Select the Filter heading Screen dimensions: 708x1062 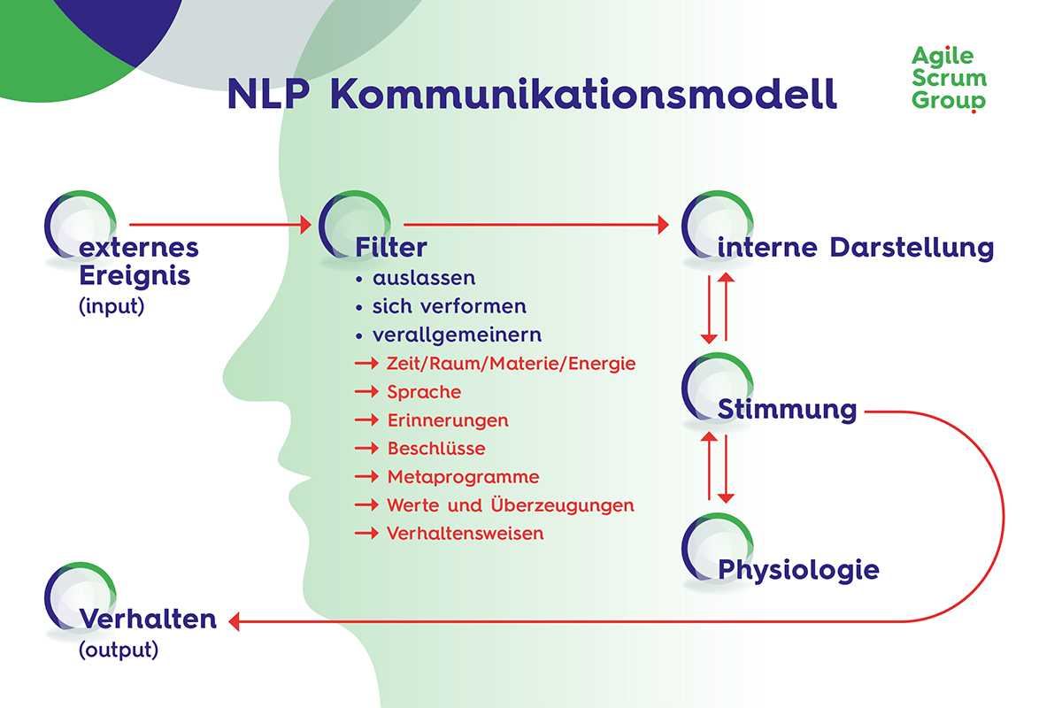tap(391, 248)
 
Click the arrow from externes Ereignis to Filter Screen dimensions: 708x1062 tap(221, 226)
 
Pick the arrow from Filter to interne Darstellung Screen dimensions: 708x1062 tap(535, 226)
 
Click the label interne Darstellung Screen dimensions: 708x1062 tap(855, 248)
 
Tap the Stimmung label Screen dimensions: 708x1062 tap(787, 410)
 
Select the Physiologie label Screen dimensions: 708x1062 tap(798, 569)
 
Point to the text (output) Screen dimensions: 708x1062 tap(119, 650)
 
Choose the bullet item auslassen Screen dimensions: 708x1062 tap(423, 278)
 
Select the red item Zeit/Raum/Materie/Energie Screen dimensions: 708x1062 tap(512, 364)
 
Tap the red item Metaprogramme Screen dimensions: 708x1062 tap(463, 477)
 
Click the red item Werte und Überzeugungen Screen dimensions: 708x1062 tap(511, 505)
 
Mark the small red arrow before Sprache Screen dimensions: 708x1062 tap(366, 392)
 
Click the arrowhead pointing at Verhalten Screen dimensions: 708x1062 tap(235, 622)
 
